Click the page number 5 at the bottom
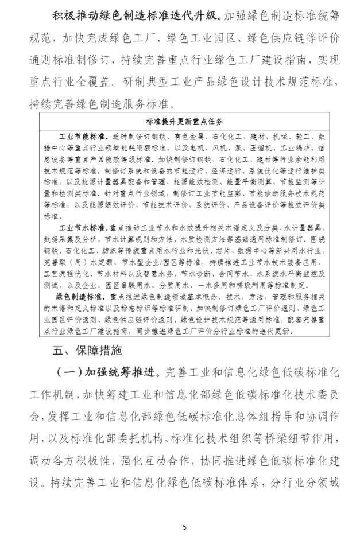184,527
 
